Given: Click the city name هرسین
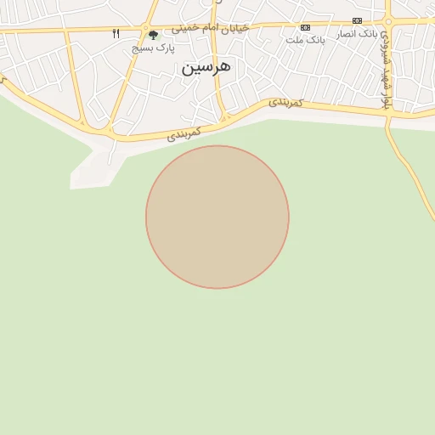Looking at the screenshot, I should [x=206, y=66].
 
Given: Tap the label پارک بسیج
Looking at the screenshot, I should [x=153, y=48].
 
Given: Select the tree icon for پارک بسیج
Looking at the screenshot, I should [x=153, y=35].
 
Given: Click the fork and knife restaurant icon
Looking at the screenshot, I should [x=116, y=34].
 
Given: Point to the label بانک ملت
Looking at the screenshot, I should [x=305, y=40].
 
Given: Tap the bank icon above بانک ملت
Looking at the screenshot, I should [x=305, y=27].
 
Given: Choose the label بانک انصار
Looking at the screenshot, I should [x=357, y=33].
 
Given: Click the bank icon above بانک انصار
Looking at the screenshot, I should [x=357, y=20].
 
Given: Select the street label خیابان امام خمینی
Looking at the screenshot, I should [x=211, y=27].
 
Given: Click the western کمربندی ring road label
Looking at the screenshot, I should [x=184, y=133].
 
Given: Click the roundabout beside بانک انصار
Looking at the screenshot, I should [x=388, y=21].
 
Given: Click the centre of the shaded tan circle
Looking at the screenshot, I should [x=217, y=217].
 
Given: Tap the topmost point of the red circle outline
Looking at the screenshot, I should [x=217, y=146].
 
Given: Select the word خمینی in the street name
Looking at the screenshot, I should [x=189, y=27].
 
